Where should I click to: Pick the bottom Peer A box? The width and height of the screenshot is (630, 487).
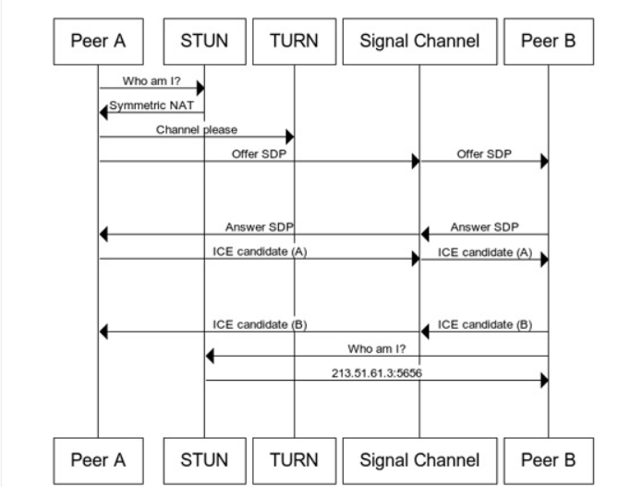point(98,459)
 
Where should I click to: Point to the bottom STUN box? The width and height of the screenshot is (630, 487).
point(204,459)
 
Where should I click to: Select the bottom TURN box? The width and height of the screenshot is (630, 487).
point(294,459)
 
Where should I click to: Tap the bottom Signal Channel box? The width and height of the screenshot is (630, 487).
point(419,459)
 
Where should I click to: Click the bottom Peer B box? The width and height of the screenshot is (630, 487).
point(549,459)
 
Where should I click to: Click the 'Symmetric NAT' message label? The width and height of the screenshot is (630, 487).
point(151,105)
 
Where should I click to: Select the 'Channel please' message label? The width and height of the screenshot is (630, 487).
point(196,129)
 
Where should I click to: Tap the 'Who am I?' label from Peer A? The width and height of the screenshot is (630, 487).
point(151,81)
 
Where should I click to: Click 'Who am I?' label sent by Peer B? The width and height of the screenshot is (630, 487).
point(376,348)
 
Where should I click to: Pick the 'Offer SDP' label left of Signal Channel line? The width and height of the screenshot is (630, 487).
point(259,154)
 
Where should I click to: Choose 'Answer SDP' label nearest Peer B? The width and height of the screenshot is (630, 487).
point(484,226)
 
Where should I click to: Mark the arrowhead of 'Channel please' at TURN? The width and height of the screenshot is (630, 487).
point(289,138)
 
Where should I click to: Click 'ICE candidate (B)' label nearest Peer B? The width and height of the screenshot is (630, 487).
point(484,323)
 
